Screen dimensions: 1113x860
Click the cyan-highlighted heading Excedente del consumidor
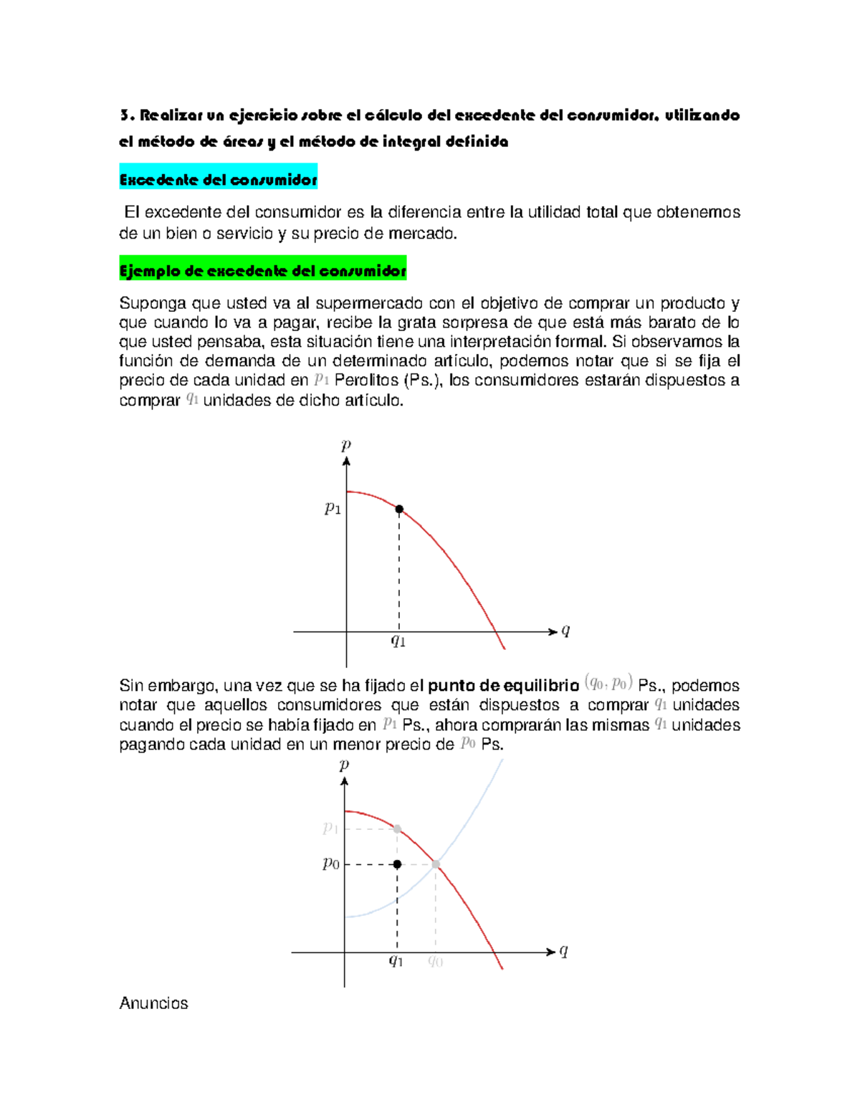[218, 180]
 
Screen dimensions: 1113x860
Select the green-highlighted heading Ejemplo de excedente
[262, 271]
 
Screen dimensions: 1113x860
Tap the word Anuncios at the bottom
[153, 1003]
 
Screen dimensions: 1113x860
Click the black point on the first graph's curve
[399, 510]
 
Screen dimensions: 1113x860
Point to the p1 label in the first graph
[333, 509]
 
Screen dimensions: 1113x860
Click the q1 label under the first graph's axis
[398, 641]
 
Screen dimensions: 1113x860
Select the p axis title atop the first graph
[346, 445]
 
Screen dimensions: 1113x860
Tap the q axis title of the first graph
[565, 631]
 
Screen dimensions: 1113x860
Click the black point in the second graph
[397, 864]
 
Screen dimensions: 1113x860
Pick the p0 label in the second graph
[330, 864]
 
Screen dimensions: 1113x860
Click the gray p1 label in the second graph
[330, 828]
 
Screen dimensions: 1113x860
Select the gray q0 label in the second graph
[435, 961]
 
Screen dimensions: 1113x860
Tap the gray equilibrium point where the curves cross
[436, 864]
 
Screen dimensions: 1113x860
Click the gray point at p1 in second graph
[397, 829]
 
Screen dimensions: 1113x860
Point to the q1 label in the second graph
[396, 961]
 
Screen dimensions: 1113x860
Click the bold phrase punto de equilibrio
[503, 685]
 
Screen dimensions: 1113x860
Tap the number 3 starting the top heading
[125, 115]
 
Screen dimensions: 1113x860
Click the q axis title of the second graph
[564, 951]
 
